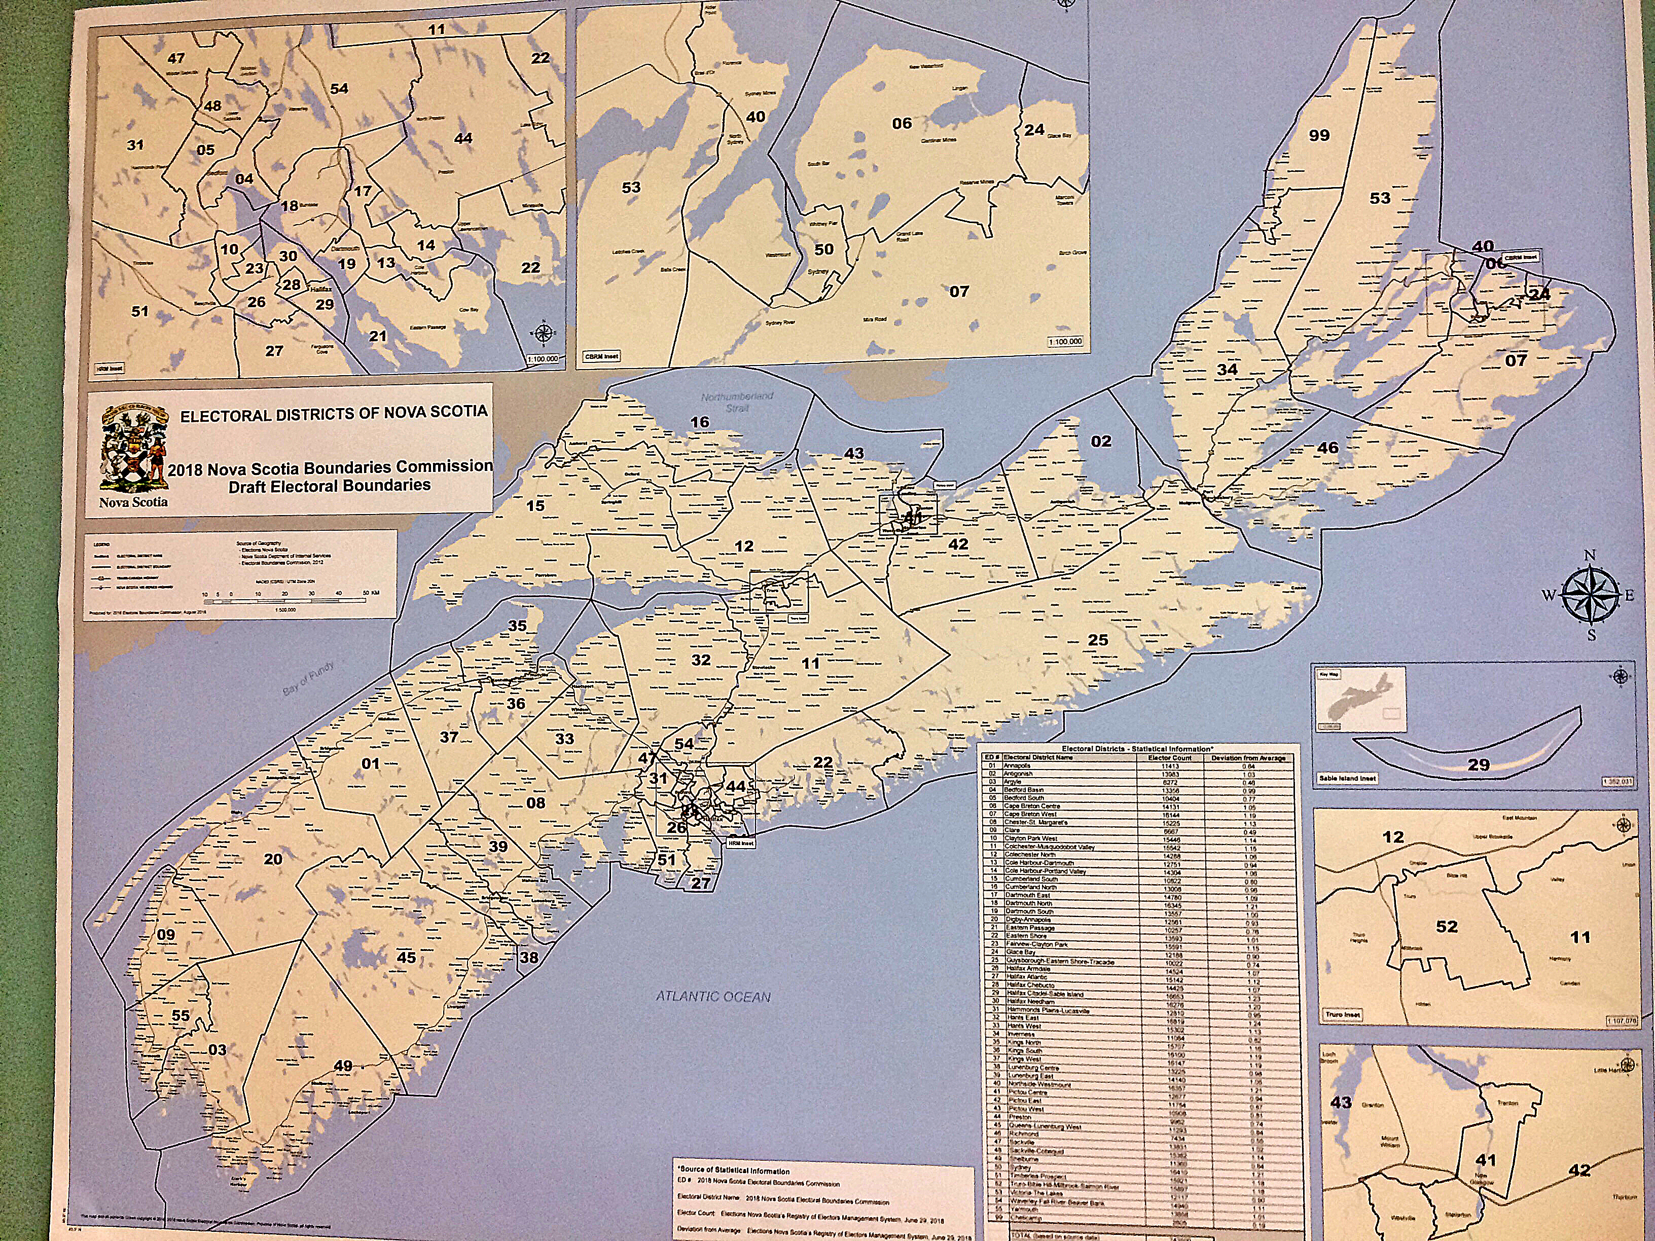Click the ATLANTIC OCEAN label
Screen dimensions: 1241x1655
(x=712, y=996)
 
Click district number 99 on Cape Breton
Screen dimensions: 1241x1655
(x=1318, y=135)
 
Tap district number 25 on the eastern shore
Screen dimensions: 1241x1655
(x=1098, y=640)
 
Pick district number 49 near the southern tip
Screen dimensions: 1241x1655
(x=343, y=1065)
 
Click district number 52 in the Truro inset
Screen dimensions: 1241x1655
(x=1446, y=926)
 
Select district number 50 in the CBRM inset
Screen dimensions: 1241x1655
(x=824, y=249)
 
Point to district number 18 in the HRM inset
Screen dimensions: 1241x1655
(x=290, y=206)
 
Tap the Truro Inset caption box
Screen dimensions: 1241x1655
(x=1343, y=1014)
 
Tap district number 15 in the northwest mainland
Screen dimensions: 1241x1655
(x=535, y=505)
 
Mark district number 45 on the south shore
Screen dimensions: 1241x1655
(x=406, y=958)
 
